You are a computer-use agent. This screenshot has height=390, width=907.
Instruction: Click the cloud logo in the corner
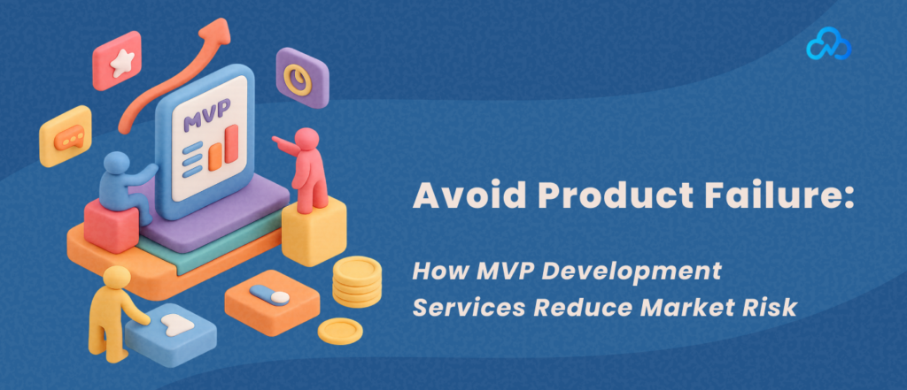[828, 47]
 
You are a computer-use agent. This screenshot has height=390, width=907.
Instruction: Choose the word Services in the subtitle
[469, 309]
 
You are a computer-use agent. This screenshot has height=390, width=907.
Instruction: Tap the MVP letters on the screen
[206, 108]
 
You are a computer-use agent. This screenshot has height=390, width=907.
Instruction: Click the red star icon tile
[118, 60]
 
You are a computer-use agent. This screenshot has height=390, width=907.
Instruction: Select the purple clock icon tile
[302, 78]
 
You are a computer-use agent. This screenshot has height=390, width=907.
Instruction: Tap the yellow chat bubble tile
[66, 136]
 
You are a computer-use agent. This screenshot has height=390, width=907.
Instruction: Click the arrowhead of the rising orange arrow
[217, 33]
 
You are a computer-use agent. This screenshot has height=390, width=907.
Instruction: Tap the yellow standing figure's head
[116, 278]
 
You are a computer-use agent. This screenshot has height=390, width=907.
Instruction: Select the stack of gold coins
[357, 281]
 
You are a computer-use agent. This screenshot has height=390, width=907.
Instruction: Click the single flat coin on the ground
[340, 331]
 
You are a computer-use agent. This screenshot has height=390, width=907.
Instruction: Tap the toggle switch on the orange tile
[269, 295]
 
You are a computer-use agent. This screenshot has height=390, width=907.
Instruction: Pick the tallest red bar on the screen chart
[231, 143]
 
